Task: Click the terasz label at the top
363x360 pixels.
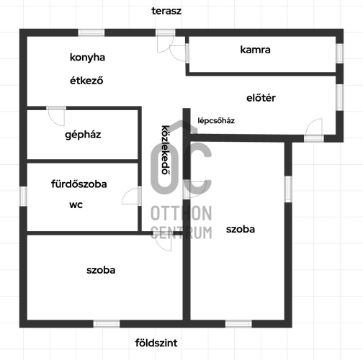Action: coord(166,11)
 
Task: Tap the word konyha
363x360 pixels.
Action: coord(87,58)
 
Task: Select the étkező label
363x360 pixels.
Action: coord(86,80)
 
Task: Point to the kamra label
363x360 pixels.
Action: coord(255,50)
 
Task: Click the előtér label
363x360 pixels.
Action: coord(261,98)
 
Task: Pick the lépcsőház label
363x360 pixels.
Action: coord(216,120)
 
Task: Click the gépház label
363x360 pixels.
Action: coord(83,135)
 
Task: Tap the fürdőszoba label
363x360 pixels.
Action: coord(79,184)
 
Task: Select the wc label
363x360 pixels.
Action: coord(76,204)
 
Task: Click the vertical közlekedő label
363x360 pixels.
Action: coord(166,150)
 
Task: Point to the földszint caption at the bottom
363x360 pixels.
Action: coord(156,343)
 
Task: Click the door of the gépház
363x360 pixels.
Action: coord(56,116)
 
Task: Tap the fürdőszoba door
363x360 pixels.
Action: coord(132,196)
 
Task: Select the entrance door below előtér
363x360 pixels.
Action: coord(313,130)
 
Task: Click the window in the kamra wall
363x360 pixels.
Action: coord(339,53)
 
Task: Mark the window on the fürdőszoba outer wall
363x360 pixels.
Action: coord(23,196)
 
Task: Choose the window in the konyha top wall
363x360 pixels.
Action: coord(91,32)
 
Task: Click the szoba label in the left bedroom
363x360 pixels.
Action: coord(101,270)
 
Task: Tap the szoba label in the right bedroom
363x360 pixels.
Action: coord(241,230)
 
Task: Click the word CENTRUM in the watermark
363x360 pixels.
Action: coord(181,233)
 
